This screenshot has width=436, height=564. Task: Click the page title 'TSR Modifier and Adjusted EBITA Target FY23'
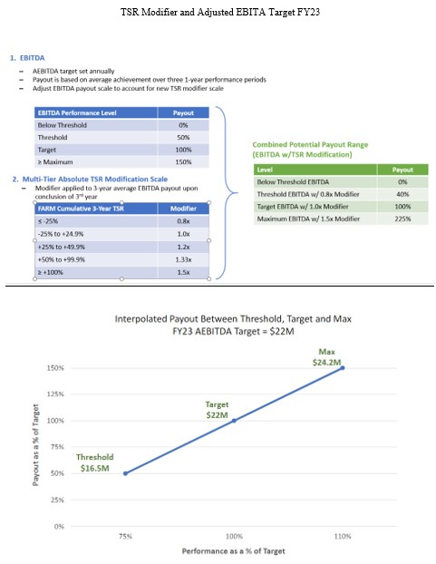(218, 14)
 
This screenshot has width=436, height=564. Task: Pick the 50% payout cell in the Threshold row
(183, 136)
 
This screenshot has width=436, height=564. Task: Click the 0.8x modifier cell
(183, 219)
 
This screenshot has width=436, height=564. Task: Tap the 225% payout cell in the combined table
(401, 218)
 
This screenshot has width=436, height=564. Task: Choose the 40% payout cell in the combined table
(401, 194)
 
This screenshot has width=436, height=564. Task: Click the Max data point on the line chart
(343, 367)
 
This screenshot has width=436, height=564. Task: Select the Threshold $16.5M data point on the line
(124, 473)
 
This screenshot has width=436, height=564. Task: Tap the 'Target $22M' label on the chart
(217, 409)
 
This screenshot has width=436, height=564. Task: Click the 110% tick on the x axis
(343, 537)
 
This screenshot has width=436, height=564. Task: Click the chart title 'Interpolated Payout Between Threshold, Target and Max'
(234, 320)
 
